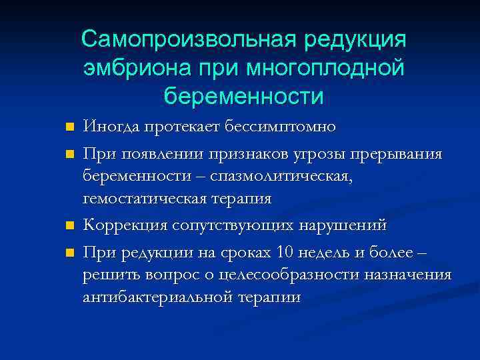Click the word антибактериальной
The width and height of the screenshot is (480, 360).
(x=157, y=297)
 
